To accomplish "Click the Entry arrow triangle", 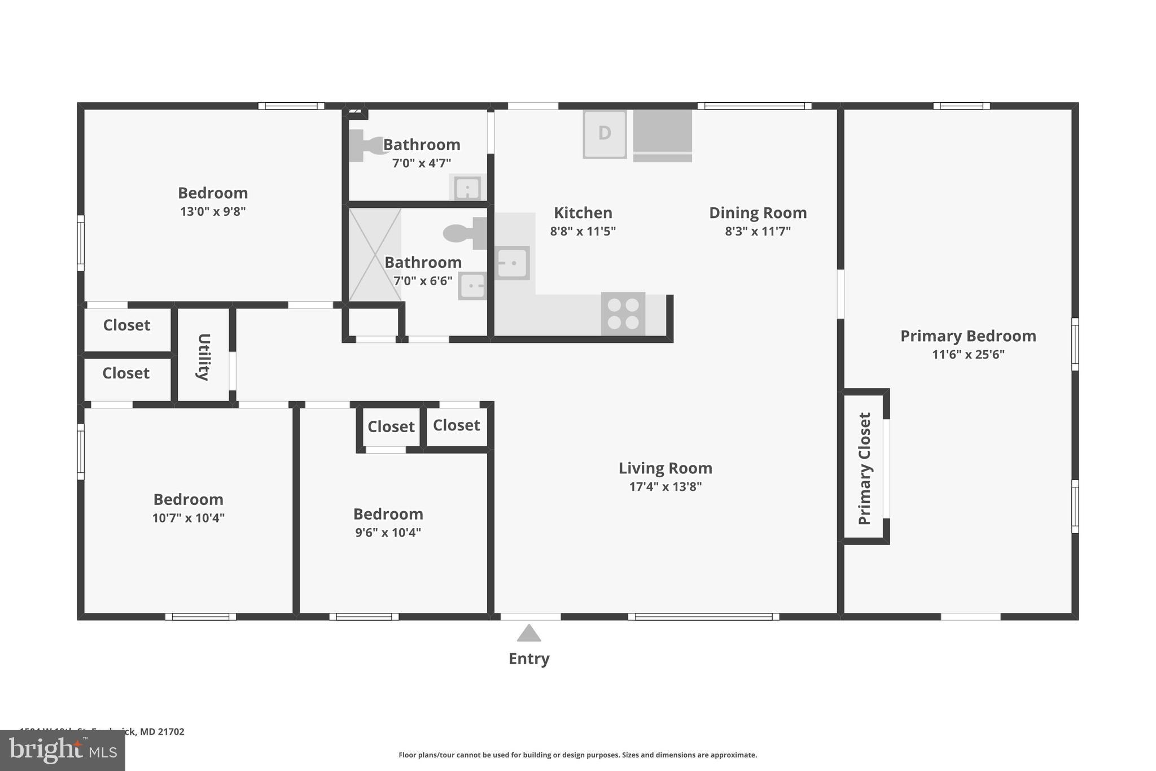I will (529, 634).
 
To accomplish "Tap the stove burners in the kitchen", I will (623, 314).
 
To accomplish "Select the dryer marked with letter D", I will (605, 134).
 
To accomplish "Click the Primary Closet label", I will (865, 468).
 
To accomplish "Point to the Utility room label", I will (204, 357).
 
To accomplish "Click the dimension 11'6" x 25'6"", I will (968, 355).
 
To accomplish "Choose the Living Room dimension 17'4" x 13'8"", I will (665, 487).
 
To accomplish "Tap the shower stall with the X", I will (375, 255).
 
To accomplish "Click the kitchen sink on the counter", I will (512, 263).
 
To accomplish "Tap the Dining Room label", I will (757, 213).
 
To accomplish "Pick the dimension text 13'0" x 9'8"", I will (213, 212).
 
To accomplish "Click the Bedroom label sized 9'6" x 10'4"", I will (388, 514).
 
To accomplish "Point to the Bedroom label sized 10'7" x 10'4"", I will (188, 499).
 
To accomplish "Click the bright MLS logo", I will (62, 751).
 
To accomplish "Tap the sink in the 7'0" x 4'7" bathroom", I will (467, 188).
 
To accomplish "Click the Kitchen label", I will (583, 213).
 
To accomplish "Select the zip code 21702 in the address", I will (171, 731).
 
